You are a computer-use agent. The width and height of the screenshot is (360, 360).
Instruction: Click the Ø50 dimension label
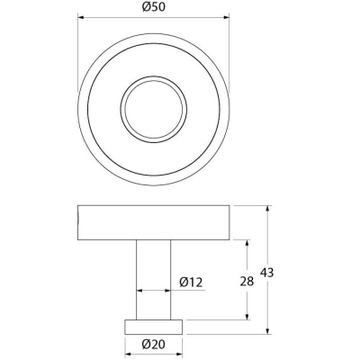click(x=154, y=7)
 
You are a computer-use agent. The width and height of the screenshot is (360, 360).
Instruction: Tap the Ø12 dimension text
click(x=191, y=282)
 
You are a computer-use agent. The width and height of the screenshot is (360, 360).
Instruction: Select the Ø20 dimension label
click(x=154, y=345)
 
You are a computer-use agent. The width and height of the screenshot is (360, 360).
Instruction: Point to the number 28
click(x=247, y=282)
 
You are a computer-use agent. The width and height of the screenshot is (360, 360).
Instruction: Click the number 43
click(x=266, y=273)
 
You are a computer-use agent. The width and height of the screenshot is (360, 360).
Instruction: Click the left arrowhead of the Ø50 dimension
click(x=82, y=17)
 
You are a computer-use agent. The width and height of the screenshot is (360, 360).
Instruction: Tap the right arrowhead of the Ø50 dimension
click(x=226, y=17)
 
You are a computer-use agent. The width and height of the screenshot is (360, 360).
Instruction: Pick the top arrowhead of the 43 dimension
click(x=268, y=209)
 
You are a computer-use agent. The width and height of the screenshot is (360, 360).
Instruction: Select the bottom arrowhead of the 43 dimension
click(x=268, y=330)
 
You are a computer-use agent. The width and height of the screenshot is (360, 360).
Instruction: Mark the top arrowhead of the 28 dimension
click(x=247, y=244)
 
